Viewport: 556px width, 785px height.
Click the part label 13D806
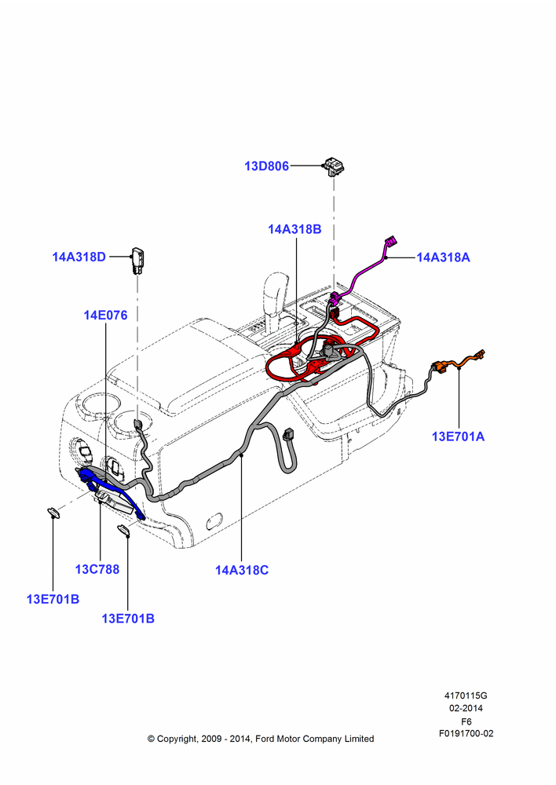click(266, 166)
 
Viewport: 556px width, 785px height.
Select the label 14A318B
click(294, 229)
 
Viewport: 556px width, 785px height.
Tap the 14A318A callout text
click(443, 257)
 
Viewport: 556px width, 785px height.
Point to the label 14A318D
click(79, 257)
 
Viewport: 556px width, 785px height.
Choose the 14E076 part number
click(105, 315)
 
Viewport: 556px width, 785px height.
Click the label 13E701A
click(459, 436)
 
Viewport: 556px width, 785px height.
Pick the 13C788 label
click(97, 569)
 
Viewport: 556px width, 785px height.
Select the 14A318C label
click(242, 570)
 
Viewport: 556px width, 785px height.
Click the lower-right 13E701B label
click(128, 619)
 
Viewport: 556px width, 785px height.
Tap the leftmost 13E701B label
click(53, 599)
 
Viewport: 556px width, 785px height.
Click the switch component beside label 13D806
click(334, 166)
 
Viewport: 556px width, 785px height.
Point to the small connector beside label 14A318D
click(137, 260)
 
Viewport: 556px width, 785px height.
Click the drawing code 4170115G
click(466, 696)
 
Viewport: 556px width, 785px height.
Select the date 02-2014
click(466, 708)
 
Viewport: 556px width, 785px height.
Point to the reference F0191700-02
click(466, 733)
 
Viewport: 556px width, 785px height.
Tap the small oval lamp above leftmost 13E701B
click(53, 512)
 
